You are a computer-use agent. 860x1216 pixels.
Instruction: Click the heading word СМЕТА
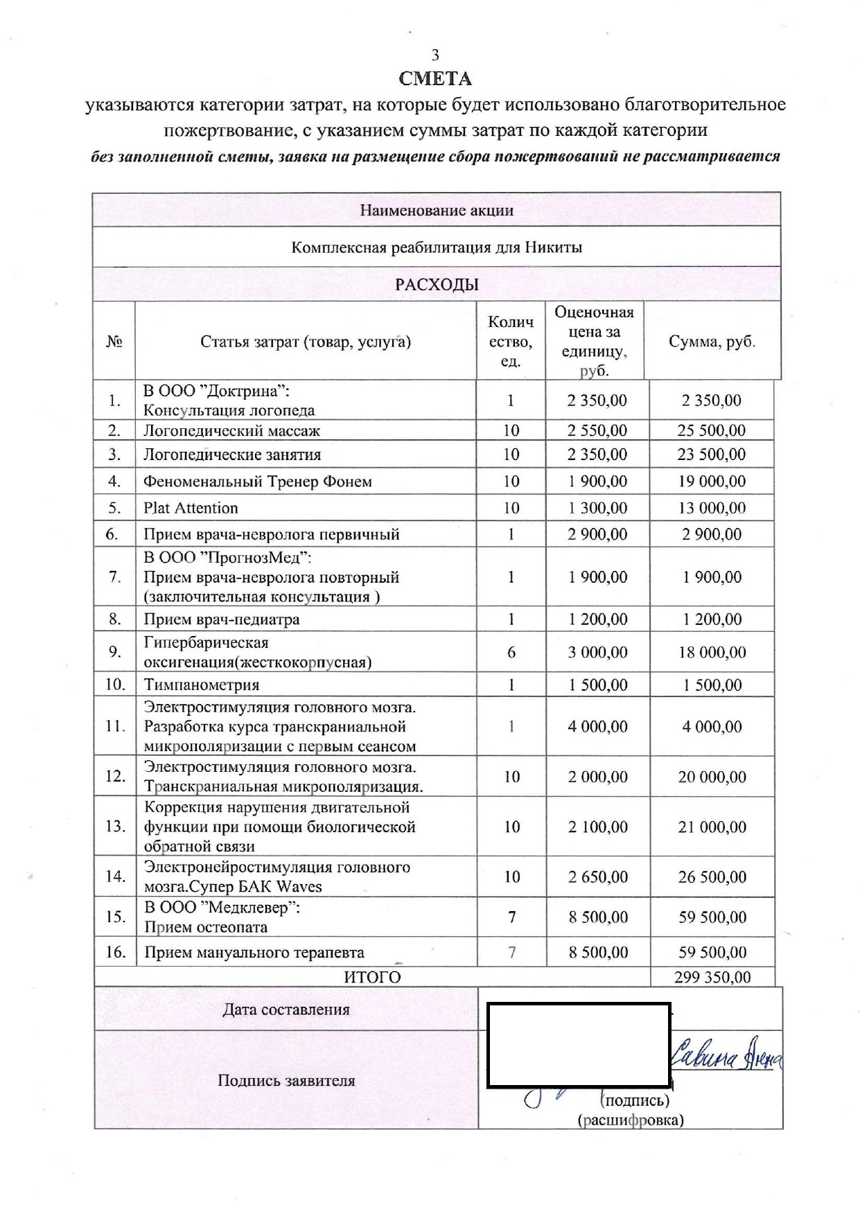click(x=435, y=79)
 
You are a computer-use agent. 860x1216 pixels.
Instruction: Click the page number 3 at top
click(x=435, y=55)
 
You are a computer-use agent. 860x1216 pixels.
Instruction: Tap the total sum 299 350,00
click(x=712, y=977)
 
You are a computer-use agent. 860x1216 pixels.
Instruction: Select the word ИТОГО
click(x=372, y=977)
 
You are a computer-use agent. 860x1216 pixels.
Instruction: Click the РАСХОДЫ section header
click(x=437, y=285)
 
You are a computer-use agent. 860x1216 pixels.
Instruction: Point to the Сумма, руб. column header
click(x=712, y=342)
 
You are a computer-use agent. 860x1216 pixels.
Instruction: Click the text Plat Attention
click(x=191, y=508)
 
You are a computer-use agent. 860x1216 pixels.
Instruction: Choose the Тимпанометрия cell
click(x=201, y=685)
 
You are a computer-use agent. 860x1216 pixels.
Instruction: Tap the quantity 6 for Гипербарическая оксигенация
click(x=511, y=652)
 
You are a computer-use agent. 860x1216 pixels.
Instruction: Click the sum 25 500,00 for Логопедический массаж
click(x=712, y=430)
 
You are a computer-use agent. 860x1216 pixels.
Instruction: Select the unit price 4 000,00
click(x=597, y=727)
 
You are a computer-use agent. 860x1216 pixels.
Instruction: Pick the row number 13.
click(x=115, y=827)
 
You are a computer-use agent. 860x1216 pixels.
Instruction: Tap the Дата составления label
click(x=286, y=1010)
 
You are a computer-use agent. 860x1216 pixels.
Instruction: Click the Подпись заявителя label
click(x=286, y=1080)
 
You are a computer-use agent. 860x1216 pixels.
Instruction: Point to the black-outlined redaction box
click(x=579, y=1045)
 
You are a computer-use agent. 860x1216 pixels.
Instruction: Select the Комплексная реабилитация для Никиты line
click(x=437, y=247)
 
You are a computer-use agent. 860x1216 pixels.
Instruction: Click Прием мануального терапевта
click(x=254, y=953)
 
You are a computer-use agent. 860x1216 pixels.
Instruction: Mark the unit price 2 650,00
click(x=597, y=876)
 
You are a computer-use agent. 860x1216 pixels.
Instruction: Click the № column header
click(x=114, y=342)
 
